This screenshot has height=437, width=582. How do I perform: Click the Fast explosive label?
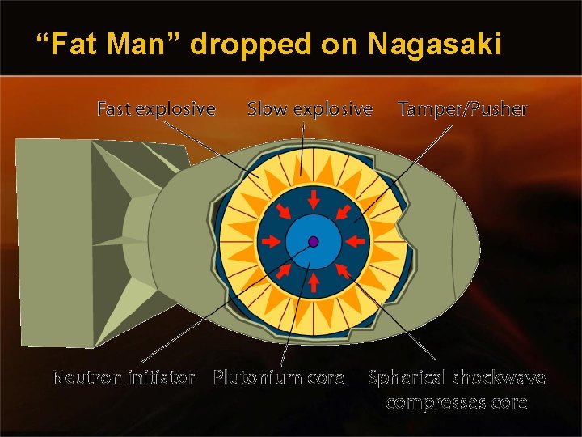(156, 108)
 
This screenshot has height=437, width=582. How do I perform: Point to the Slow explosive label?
(310, 108)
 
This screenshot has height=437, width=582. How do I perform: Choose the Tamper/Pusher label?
(462, 108)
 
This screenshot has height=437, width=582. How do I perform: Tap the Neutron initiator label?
(124, 378)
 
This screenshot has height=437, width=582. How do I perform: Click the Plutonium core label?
(278, 378)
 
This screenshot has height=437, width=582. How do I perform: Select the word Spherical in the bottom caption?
(408, 378)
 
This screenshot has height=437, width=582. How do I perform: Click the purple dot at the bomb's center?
(313, 241)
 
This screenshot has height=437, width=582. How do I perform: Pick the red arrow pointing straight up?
(313, 282)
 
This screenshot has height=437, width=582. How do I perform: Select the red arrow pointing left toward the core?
(353, 241)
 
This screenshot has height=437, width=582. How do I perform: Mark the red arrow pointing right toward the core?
(272, 241)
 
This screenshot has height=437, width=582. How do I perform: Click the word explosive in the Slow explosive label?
(332, 108)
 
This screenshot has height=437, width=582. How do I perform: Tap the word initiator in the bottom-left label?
(158, 378)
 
